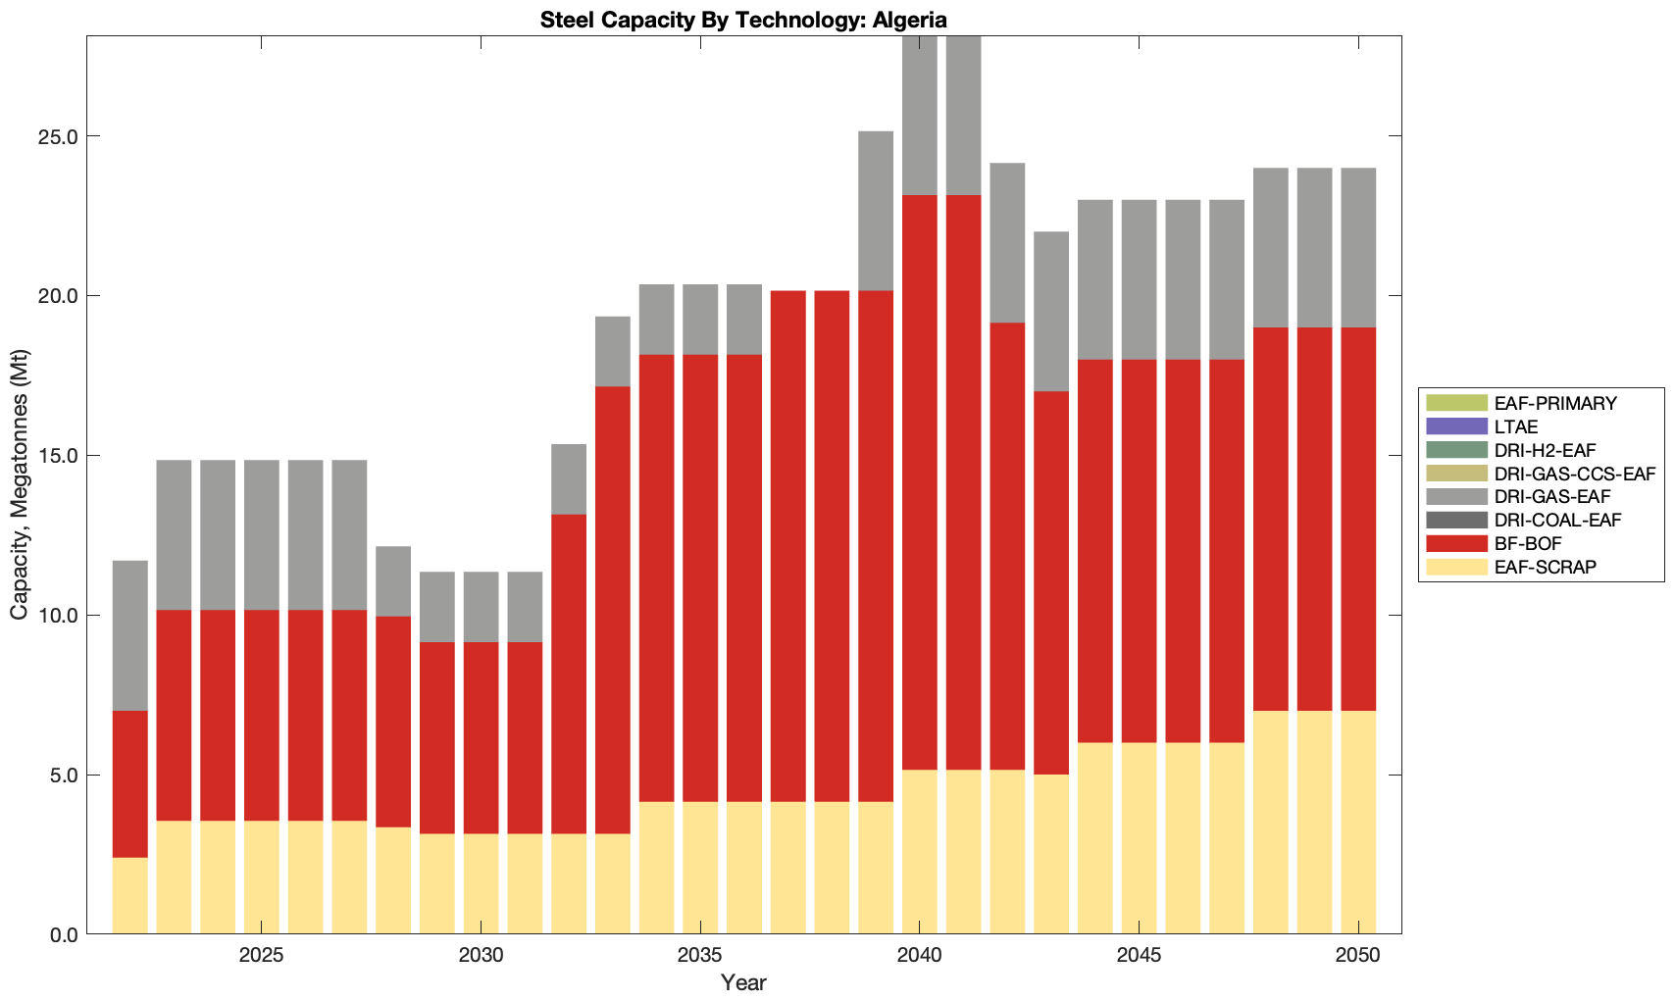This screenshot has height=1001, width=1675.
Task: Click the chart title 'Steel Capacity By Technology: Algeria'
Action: coord(743,20)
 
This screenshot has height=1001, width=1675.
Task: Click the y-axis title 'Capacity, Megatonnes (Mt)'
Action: coord(20,484)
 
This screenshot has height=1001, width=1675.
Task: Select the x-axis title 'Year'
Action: coord(743,982)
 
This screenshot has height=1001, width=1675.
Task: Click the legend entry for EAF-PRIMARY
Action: coord(1555,403)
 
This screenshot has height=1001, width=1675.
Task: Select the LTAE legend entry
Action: coord(1516,426)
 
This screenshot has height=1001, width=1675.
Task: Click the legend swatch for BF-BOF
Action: coord(1456,543)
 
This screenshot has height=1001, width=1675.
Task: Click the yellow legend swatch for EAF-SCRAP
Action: coord(1456,567)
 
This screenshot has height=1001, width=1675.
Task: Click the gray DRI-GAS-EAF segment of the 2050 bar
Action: coord(1358,248)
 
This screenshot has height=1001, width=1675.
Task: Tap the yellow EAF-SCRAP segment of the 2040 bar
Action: coord(920,852)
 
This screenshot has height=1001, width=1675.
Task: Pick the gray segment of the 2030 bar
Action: coord(481,607)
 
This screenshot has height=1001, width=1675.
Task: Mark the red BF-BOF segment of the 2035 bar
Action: coord(700,578)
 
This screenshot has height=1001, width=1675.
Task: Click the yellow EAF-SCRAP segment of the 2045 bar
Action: coord(1139,838)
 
